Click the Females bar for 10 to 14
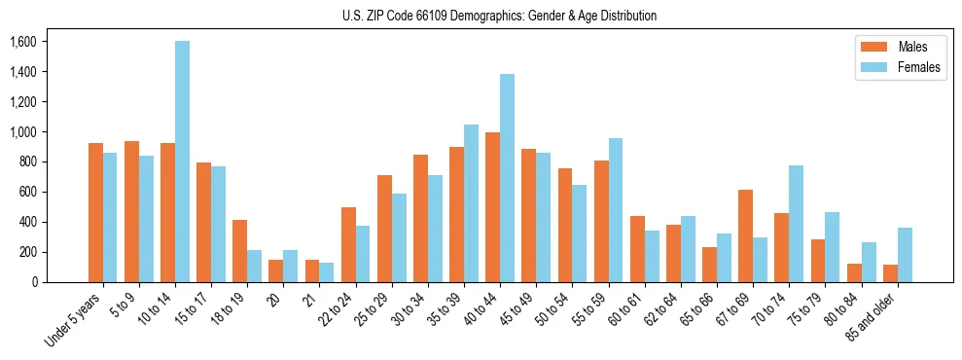tap(183, 162)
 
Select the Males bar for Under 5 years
tap(95, 212)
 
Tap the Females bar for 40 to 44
tap(507, 178)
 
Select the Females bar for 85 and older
tap(905, 255)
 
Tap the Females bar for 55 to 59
tap(616, 210)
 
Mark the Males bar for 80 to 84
tap(854, 272)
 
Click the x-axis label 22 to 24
tap(342, 308)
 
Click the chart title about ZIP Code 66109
tap(500, 16)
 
